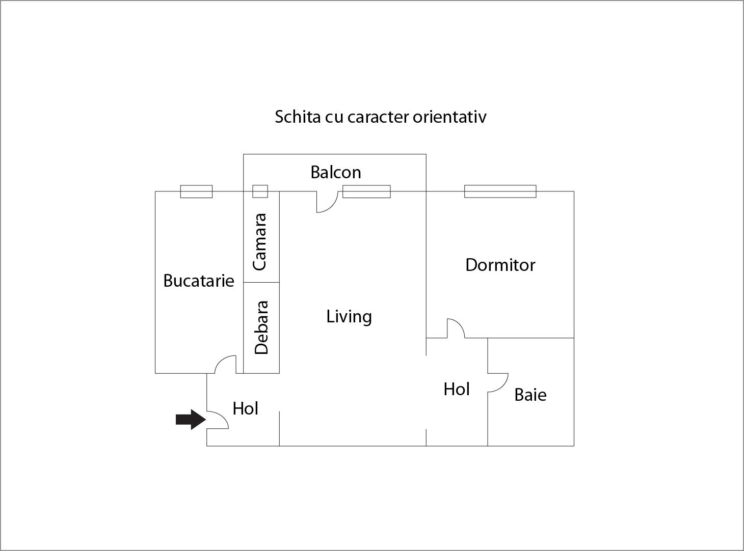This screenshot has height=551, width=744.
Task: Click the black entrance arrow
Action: point(191,419)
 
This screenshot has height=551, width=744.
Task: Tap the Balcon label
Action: point(336,172)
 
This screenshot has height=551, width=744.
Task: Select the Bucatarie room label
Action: point(199,281)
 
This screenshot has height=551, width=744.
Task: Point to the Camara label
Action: point(260,242)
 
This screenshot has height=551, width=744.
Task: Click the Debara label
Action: point(261,327)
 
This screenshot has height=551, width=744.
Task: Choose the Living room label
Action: point(349,317)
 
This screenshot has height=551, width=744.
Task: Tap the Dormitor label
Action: point(500,265)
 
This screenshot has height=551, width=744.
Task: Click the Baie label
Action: point(530,395)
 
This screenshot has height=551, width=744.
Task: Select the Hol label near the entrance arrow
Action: point(245,408)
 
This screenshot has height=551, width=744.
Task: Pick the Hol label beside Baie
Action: point(457,390)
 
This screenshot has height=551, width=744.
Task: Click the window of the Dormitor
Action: point(500,191)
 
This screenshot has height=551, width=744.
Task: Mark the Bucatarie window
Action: point(196,191)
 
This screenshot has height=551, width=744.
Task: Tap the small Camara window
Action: point(260,191)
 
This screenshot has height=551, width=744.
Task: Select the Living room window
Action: point(366,191)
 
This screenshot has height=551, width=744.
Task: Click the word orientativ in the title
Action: point(449,117)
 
